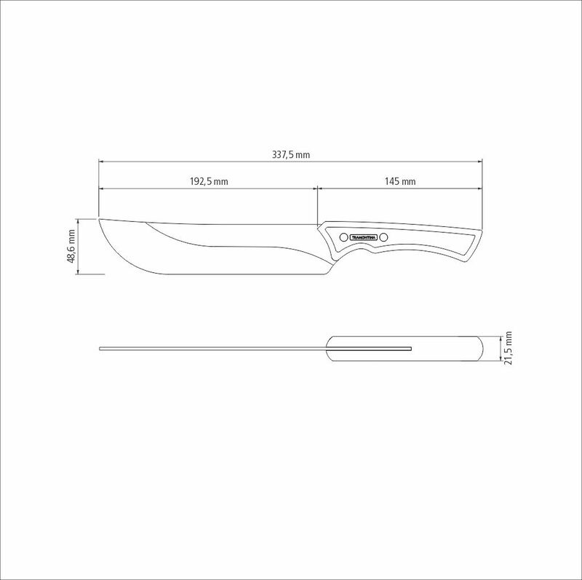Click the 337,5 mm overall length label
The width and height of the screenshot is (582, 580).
coord(291,154)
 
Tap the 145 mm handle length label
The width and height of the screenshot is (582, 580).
coord(401,181)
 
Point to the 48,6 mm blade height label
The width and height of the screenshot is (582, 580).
coord(71,247)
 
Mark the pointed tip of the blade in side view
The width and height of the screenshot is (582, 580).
coord(100,218)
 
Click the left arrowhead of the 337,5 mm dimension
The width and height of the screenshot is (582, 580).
coord(101,161)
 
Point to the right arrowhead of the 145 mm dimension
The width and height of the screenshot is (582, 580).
coord(481,188)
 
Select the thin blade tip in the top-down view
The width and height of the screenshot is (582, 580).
coord(100,349)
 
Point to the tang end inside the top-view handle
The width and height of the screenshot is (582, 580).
coord(411,349)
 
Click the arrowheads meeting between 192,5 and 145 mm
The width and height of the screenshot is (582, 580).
coord(317,188)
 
